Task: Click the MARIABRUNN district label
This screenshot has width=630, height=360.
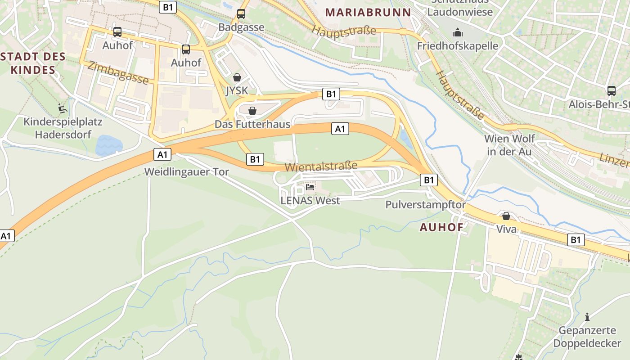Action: tap(368, 12)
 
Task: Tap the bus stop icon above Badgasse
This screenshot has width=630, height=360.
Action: tap(241, 14)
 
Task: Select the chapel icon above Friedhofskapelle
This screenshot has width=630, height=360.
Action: tap(458, 32)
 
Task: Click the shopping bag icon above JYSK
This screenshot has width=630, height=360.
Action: tap(237, 77)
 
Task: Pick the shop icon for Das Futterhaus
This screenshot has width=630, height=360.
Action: tap(252, 111)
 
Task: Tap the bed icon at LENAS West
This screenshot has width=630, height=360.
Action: tap(310, 187)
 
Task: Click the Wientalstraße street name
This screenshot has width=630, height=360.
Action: tap(321, 166)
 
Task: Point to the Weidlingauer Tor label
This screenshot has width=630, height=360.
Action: tap(186, 172)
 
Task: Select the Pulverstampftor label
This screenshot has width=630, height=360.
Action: tap(425, 205)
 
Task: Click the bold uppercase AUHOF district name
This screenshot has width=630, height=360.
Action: tap(441, 227)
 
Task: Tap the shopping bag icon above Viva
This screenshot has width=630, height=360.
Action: tap(506, 216)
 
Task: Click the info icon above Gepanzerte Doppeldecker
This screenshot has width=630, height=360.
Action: tap(587, 317)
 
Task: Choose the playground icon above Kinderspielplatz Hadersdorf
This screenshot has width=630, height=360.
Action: tap(63, 108)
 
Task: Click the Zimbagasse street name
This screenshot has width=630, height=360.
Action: tap(118, 73)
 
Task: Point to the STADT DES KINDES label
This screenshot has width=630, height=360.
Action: tap(33, 63)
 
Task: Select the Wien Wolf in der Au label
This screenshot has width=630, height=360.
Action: tap(509, 145)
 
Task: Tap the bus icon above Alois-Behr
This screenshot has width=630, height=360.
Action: tap(612, 90)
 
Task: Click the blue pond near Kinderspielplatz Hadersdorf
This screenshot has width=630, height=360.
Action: tap(108, 145)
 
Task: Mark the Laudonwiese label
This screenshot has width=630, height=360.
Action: tap(460, 12)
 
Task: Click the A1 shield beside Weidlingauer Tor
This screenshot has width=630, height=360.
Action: tap(162, 155)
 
